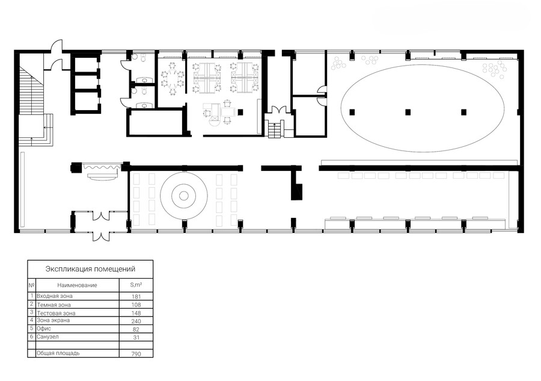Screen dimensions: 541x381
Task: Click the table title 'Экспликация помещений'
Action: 90,268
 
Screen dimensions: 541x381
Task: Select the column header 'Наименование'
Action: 77,285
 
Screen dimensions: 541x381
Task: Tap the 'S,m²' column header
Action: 136,285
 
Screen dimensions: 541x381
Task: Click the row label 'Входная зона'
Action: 55,296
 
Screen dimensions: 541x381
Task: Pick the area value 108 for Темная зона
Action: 136,305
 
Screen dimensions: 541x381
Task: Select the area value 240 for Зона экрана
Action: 136,321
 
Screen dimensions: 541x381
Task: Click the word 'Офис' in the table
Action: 44,329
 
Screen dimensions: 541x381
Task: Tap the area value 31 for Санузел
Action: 136,338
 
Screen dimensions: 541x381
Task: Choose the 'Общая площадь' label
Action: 58,353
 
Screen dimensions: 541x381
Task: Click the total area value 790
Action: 136,354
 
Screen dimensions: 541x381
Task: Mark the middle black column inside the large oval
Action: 408,111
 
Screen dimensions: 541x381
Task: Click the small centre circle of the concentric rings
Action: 184,196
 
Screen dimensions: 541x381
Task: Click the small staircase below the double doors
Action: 274,129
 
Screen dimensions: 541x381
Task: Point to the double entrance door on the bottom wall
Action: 101,237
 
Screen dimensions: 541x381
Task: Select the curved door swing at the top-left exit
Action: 57,46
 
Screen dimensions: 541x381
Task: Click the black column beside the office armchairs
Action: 240,111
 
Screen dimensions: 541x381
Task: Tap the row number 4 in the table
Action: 31,320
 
